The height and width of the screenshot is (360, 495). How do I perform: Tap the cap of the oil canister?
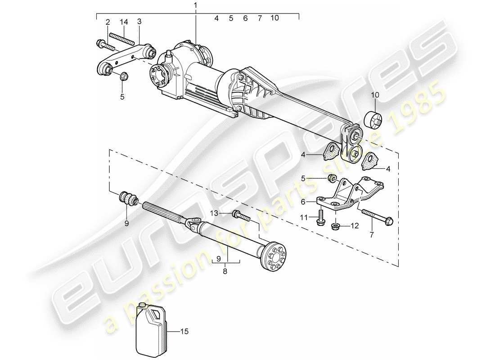[x=142, y=306]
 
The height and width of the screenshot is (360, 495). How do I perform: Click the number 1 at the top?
[x=195, y=5]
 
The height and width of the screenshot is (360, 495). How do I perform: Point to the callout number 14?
[x=124, y=22]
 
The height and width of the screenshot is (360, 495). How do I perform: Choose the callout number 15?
[x=184, y=332]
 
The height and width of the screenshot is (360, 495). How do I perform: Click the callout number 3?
[x=139, y=22]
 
